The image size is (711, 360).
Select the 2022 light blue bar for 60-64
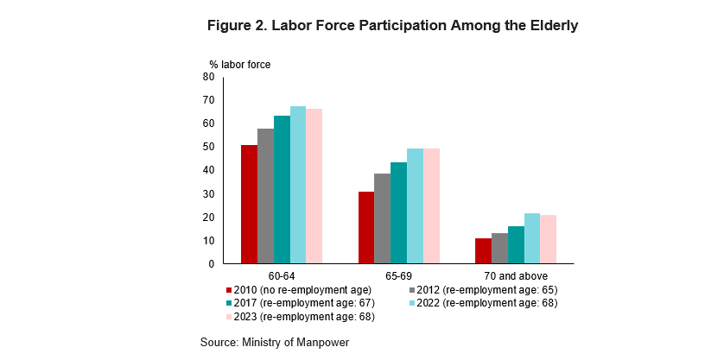click(298, 185)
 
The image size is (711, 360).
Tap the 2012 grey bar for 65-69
click(382, 218)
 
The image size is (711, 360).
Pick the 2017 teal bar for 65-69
click(398, 212)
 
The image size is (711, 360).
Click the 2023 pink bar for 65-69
click(431, 205)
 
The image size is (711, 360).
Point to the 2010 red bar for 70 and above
click(483, 250)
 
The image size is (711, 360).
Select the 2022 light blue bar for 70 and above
click(532, 238)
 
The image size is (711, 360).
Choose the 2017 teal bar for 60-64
click(282, 189)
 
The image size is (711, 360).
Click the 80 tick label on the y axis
click(208, 77)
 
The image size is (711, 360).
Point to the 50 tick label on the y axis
click(208, 147)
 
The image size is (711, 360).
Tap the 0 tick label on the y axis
click(211, 263)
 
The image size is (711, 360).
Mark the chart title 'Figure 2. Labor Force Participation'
click(392, 26)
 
